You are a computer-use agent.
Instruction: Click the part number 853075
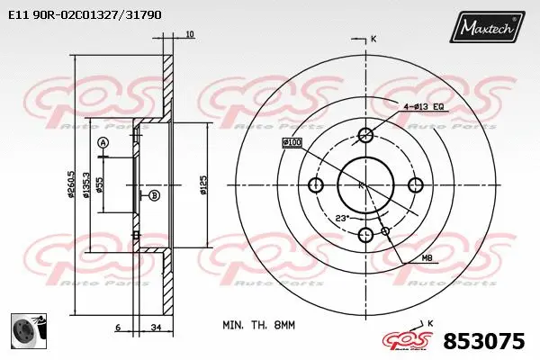[x=484, y=342]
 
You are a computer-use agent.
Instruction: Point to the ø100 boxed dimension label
[x=292, y=142]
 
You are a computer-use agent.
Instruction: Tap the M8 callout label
[x=427, y=259]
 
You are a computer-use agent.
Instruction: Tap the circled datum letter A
[x=103, y=143]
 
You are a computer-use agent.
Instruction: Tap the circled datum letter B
[x=154, y=195]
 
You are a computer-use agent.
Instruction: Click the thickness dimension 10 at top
[x=189, y=35]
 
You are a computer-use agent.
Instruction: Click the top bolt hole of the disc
[x=365, y=135]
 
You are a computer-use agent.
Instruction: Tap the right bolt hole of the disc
[x=416, y=185]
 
